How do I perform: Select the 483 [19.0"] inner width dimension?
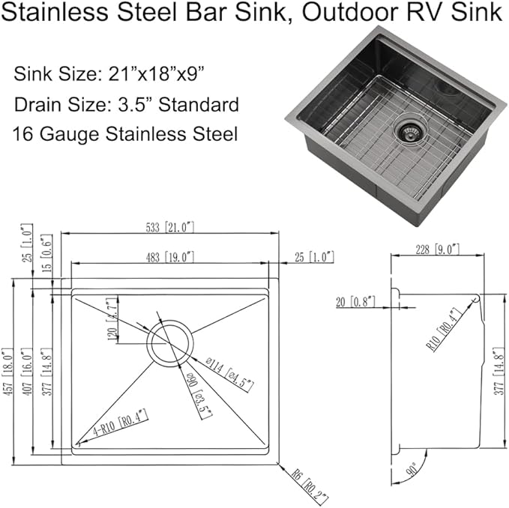point(172,256)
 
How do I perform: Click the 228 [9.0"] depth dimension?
point(436,249)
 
